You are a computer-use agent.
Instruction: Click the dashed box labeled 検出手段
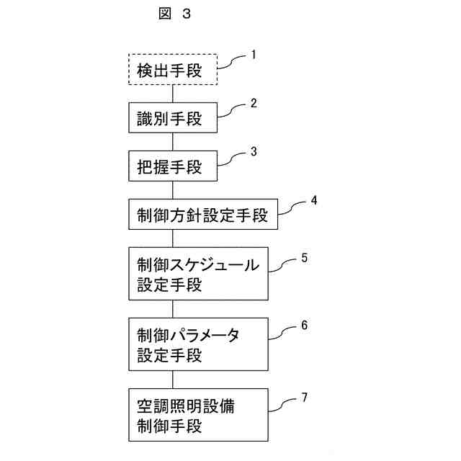pos(173,71)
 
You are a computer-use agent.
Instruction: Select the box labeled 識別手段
pos(173,119)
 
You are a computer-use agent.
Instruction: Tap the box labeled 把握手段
pos(173,167)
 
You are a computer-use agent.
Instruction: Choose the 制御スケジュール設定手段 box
pos(200,274)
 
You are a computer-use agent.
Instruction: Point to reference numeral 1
pos(254,54)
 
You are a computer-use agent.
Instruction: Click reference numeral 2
pos(254,103)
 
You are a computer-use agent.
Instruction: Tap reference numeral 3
pos(254,151)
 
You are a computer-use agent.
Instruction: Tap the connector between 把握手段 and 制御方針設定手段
pos(173,191)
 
